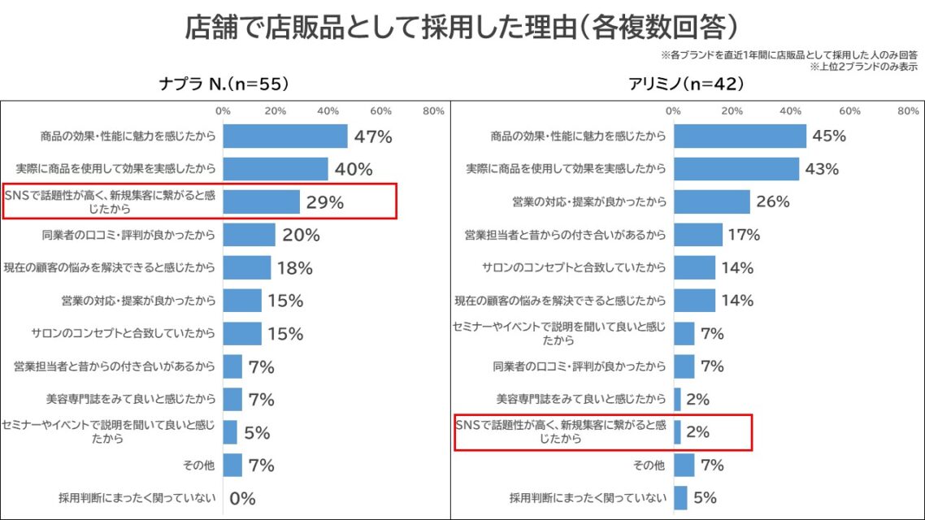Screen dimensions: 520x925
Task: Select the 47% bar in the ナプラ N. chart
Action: click(x=284, y=136)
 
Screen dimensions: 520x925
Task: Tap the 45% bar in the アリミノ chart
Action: click(x=739, y=136)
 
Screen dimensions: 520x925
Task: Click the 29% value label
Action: click(x=324, y=202)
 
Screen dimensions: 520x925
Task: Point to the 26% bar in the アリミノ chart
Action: click(x=711, y=201)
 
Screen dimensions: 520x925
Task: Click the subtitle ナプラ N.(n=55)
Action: click(x=224, y=84)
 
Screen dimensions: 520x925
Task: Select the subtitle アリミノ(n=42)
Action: click(x=687, y=84)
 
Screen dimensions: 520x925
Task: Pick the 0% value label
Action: click(x=242, y=498)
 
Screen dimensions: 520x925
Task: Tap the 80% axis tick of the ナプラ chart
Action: click(x=433, y=110)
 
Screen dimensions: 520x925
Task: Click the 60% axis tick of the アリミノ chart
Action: click(x=849, y=110)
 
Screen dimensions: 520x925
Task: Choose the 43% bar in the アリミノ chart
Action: click(x=736, y=169)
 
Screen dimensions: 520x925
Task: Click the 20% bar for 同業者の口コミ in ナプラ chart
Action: click(x=249, y=235)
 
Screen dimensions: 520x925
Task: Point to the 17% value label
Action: click(x=743, y=235)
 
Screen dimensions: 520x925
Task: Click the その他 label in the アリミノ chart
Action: click(x=649, y=466)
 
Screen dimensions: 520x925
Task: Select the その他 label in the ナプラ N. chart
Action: click(x=199, y=466)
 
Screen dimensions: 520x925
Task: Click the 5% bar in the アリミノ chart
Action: click(x=680, y=498)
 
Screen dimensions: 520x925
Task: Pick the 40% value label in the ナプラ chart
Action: click(x=354, y=169)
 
